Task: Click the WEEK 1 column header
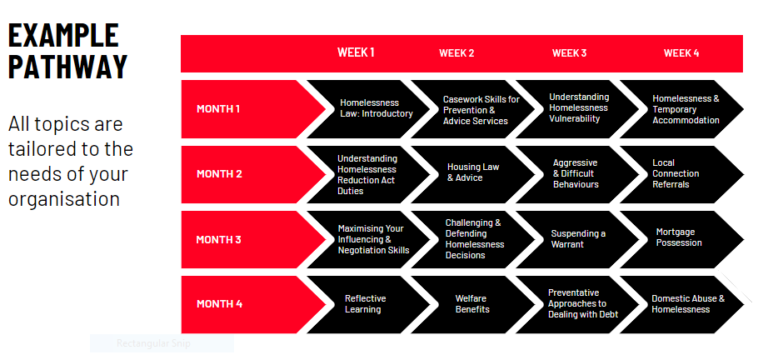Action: pos(356,52)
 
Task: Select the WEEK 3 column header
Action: pos(569,53)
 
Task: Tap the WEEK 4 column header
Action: pos(681,53)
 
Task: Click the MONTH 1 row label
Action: pos(218,108)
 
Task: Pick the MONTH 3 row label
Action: pos(218,240)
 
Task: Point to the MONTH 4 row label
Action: pos(219,304)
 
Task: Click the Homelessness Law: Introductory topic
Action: pos(376,108)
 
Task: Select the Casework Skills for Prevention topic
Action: pos(480,110)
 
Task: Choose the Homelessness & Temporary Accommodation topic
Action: pos(686,109)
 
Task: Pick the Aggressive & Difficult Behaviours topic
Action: pos(576,173)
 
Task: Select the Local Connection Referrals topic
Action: pos(676,173)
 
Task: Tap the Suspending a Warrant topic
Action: pos(577,239)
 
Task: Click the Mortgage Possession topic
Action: pos(679,237)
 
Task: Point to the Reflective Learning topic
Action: pos(365,304)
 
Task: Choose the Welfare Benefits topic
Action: pos(472,304)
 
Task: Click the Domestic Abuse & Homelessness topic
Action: pos(687,304)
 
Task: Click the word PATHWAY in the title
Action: pos(67,67)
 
